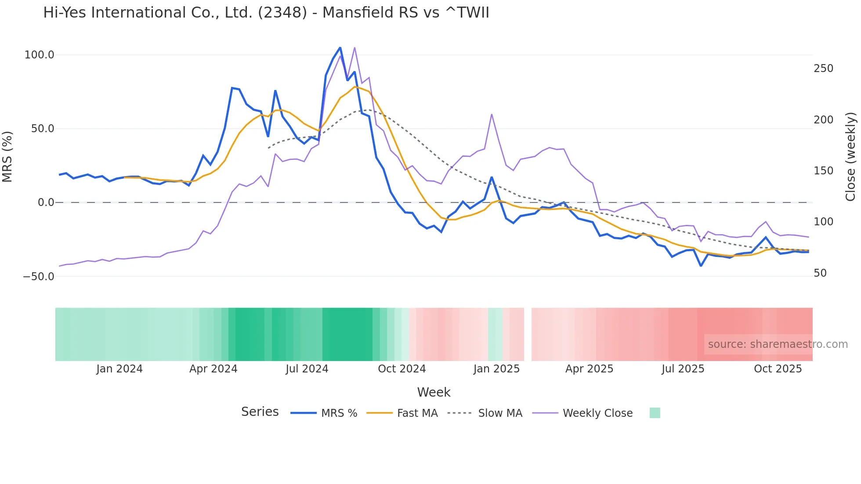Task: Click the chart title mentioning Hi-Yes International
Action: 266,13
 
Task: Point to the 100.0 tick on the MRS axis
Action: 40,55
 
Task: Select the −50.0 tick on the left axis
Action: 39,277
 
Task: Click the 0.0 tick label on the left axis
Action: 46,202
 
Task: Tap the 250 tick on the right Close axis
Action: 823,69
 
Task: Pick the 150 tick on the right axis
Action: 823,171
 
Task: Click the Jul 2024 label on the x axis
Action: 307,369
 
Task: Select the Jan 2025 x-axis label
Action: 496,369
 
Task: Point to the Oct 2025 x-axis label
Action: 778,369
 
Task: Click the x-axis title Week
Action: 434,392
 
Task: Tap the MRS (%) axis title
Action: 7,156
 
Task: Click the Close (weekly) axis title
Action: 850,157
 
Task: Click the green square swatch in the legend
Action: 655,413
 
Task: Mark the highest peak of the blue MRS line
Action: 340,47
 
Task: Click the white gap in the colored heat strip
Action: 528,334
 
